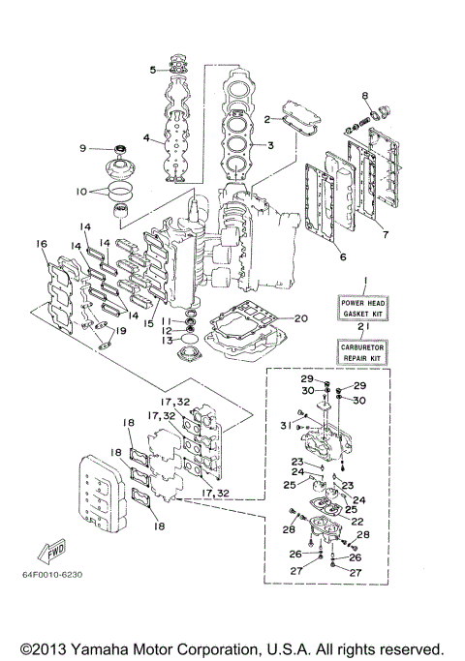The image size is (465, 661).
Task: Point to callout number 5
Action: (x=153, y=70)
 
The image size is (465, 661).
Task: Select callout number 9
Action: (x=83, y=147)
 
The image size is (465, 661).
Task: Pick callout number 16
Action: (x=42, y=245)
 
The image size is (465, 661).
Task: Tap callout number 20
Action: (x=300, y=317)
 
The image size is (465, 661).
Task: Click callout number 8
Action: (x=365, y=95)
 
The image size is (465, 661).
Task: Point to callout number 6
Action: (x=341, y=256)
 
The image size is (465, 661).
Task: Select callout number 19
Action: (x=121, y=331)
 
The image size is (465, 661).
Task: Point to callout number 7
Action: (x=385, y=233)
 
